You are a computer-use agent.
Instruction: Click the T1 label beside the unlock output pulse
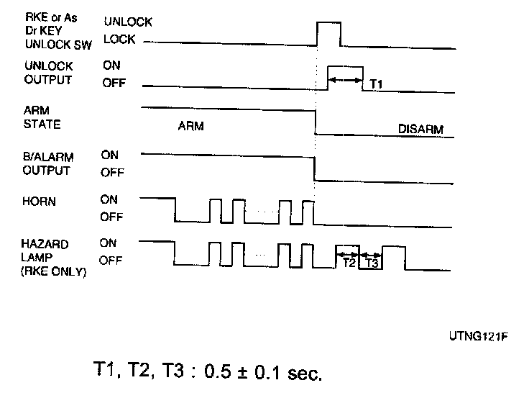[376, 85]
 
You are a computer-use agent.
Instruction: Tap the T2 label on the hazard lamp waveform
[348, 263]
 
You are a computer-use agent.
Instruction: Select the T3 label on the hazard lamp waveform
[370, 263]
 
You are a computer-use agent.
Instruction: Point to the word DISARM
[421, 130]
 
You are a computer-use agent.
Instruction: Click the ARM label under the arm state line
[190, 126]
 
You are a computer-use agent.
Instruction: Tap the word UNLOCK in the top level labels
[127, 22]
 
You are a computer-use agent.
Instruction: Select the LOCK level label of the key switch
[119, 40]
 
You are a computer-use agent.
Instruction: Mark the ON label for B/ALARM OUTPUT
[109, 155]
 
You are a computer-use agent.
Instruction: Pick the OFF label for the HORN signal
[112, 217]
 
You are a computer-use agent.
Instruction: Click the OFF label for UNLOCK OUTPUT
[114, 83]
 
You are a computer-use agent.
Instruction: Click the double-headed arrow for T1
[346, 80]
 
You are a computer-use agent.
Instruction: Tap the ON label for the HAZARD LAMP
[108, 244]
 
